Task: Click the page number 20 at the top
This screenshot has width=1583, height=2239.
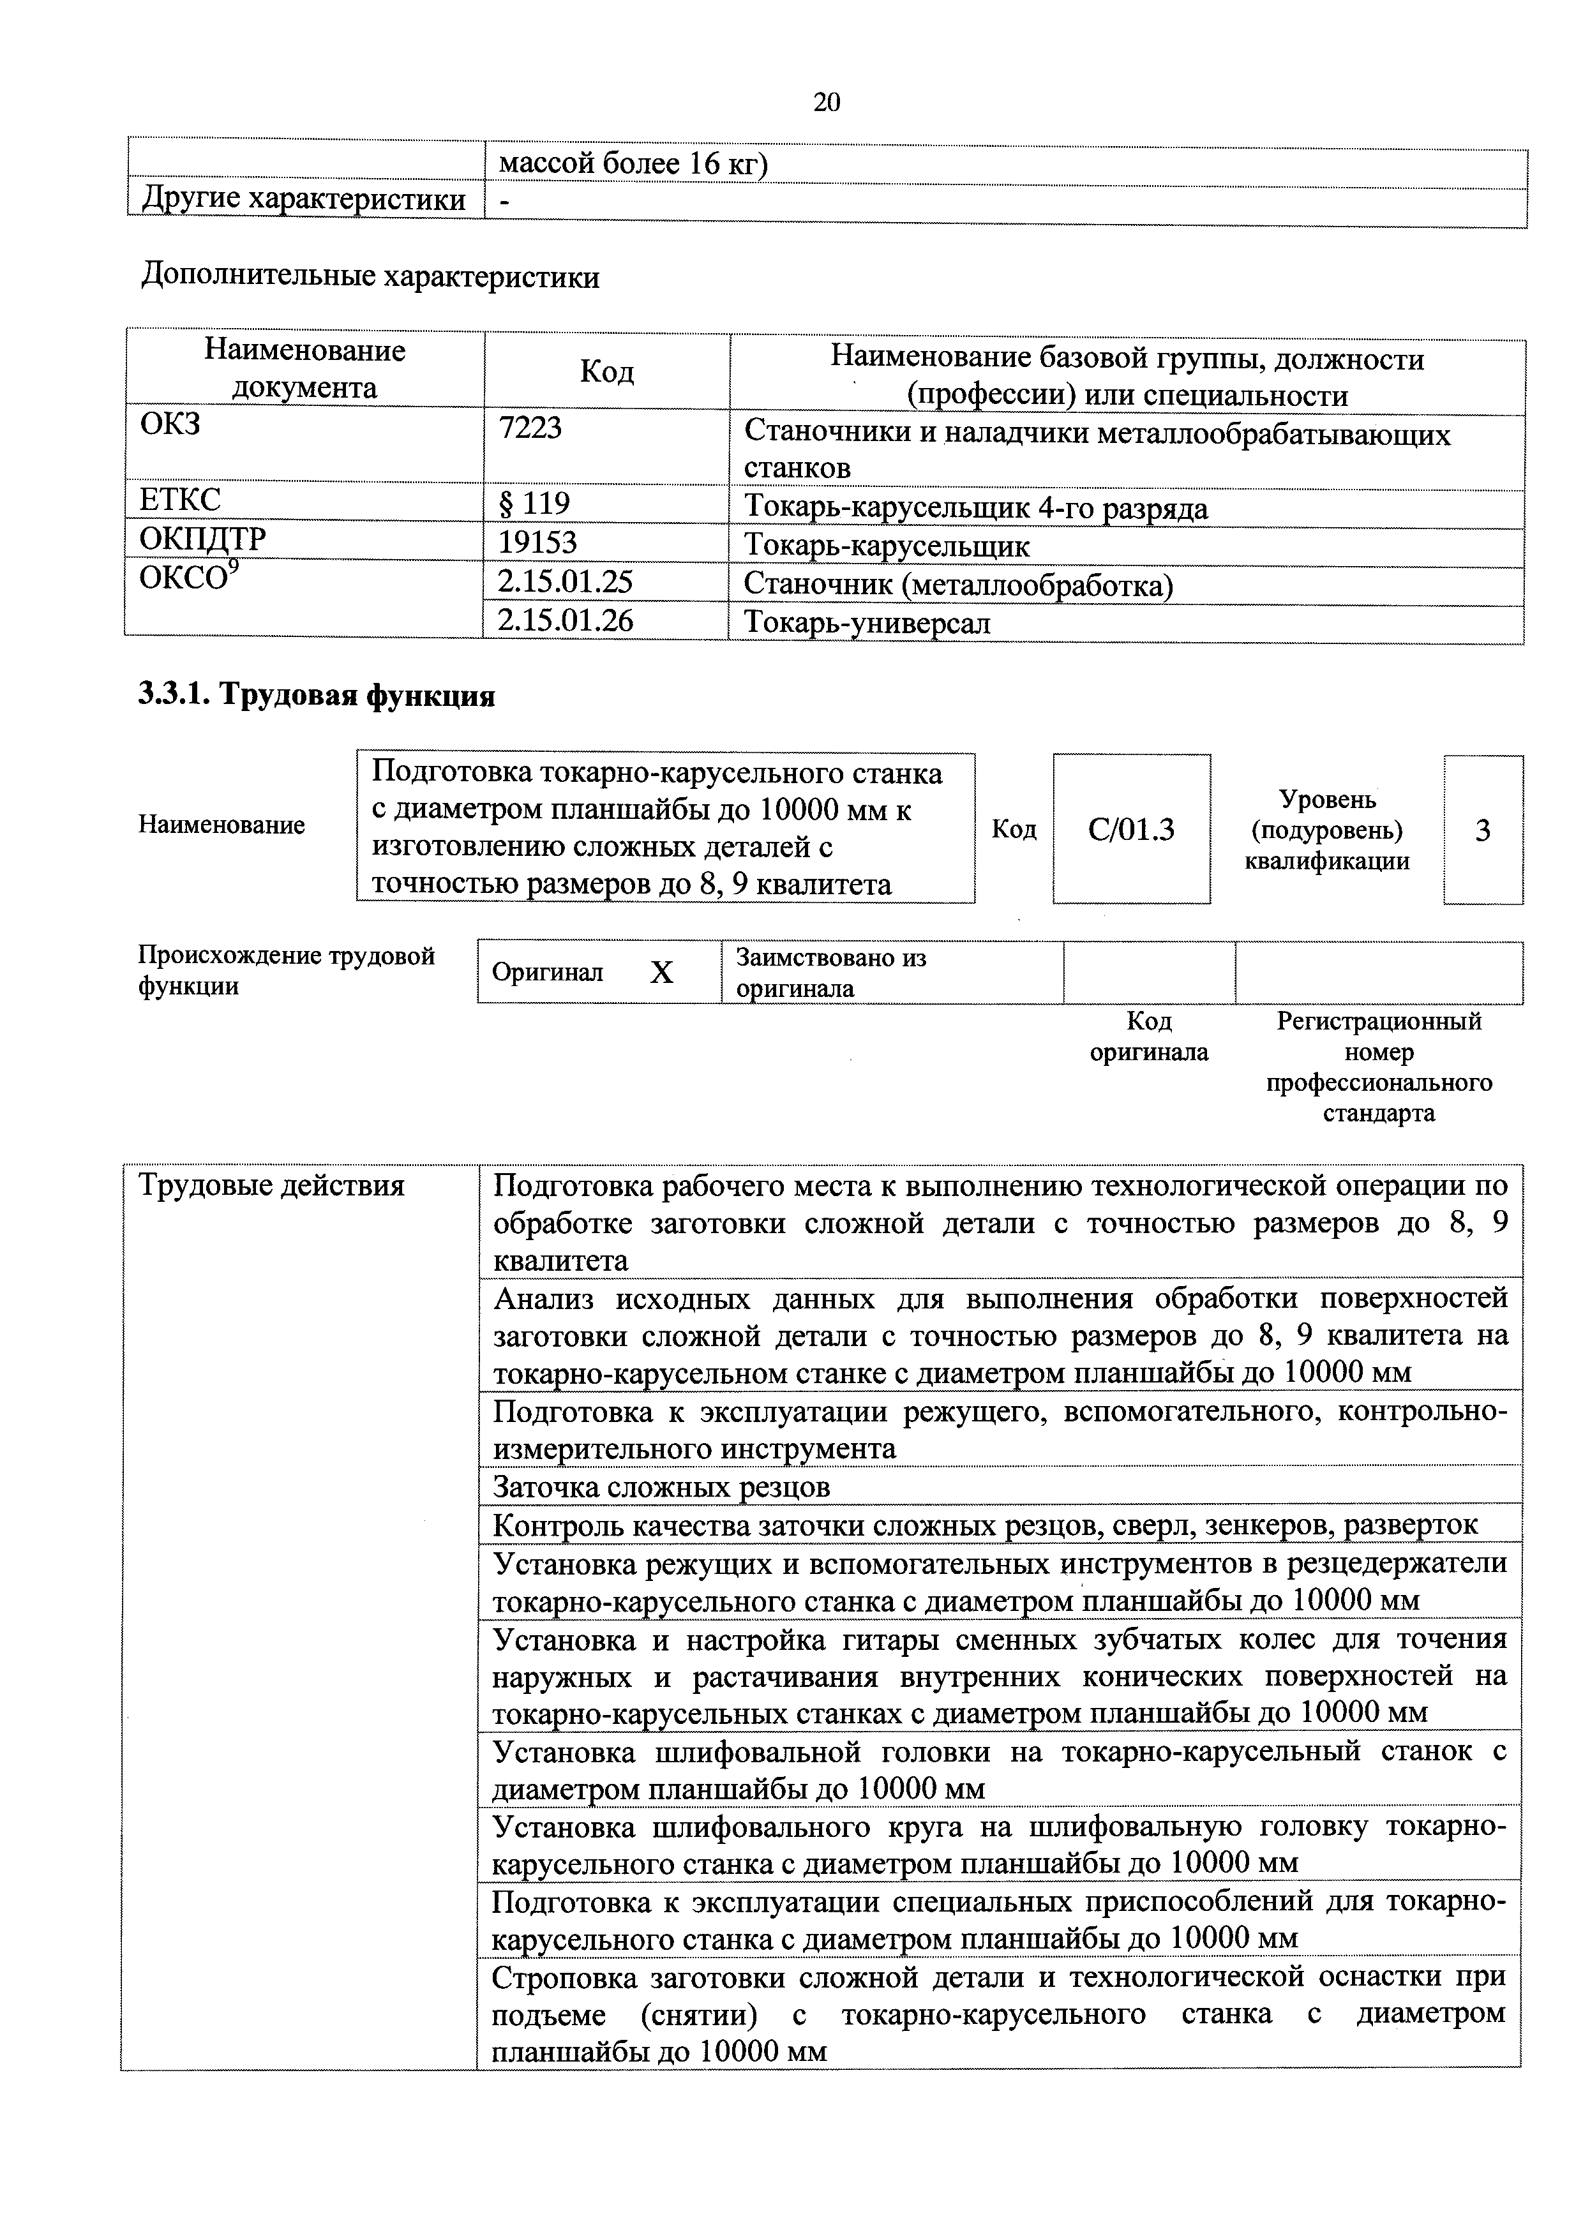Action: pyautogui.click(x=826, y=102)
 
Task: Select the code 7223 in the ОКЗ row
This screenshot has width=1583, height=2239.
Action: pyautogui.click(x=530, y=429)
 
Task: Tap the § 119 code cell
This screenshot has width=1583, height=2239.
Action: pyautogui.click(x=534, y=504)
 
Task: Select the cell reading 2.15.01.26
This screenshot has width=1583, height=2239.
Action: pyautogui.click(x=565, y=620)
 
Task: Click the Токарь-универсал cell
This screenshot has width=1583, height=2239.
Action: pyautogui.click(x=866, y=622)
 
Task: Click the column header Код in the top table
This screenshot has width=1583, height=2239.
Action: pyautogui.click(x=606, y=371)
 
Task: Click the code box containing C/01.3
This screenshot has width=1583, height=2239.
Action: pyautogui.click(x=1132, y=830)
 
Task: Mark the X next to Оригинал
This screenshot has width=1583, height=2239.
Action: pyautogui.click(x=661, y=972)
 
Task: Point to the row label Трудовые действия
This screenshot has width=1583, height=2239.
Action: pyautogui.click(x=271, y=1186)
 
